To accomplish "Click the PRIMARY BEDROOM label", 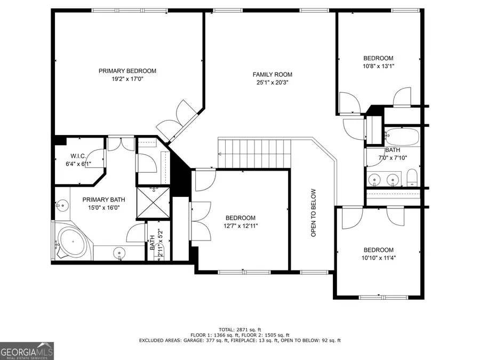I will [x=127, y=71].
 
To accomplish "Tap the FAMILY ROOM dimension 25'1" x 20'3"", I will [x=273, y=83].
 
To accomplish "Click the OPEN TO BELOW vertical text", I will [x=314, y=213].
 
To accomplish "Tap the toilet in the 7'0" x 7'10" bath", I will [x=412, y=177].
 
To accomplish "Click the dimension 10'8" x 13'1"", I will [x=378, y=66].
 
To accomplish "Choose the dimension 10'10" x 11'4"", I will [x=378, y=258].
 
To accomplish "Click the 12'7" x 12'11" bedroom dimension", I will [x=240, y=226].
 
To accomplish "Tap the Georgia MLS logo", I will [x=27, y=350].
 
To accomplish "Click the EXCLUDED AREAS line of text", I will [x=239, y=340].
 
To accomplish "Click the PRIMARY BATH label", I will [x=100, y=199].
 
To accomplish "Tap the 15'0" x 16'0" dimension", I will [x=100, y=207].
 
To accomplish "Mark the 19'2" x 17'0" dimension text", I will [x=127, y=79].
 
